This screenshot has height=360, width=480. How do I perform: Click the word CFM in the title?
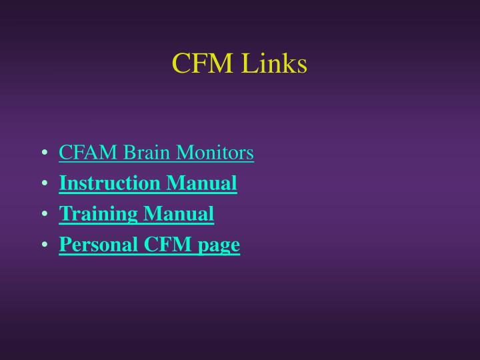[x=202, y=64]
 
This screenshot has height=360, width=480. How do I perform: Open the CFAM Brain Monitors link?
[x=156, y=153]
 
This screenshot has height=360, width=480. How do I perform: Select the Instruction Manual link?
[x=148, y=183]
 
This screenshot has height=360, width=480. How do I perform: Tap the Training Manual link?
[x=137, y=214]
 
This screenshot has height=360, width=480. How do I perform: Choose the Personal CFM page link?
[x=149, y=245]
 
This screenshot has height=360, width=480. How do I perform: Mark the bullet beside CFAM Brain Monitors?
[x=44, y=154]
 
